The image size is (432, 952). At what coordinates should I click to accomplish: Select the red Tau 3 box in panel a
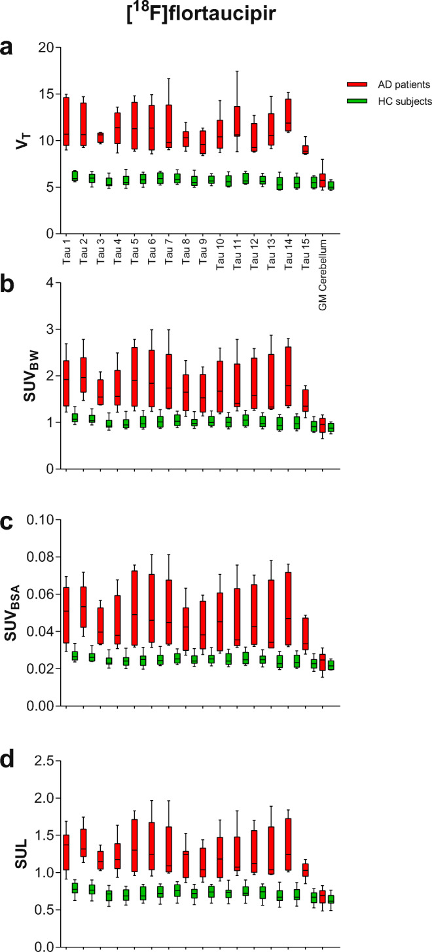pyautogui.click(x=100, y=137)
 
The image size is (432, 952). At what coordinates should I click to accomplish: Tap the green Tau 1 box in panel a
pyautogui.click(x=75, y=175)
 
